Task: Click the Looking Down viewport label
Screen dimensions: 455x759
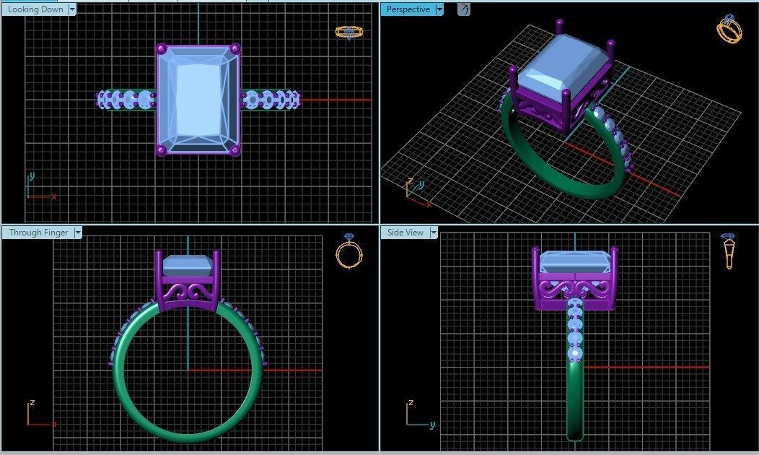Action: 35,9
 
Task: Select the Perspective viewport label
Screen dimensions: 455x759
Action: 408,9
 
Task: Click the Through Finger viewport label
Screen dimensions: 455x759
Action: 38,233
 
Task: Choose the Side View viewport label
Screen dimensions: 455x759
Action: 405,233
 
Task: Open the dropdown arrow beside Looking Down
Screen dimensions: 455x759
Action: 71,9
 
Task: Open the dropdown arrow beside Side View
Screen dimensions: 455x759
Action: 434,233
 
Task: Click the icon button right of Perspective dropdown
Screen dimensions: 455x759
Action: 464,9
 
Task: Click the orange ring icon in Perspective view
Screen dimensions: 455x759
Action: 729,30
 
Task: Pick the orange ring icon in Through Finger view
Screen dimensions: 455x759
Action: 349,252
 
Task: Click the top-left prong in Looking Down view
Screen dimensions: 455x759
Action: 162,49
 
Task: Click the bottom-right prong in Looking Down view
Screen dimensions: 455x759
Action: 235,150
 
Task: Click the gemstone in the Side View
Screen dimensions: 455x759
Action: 574,262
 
